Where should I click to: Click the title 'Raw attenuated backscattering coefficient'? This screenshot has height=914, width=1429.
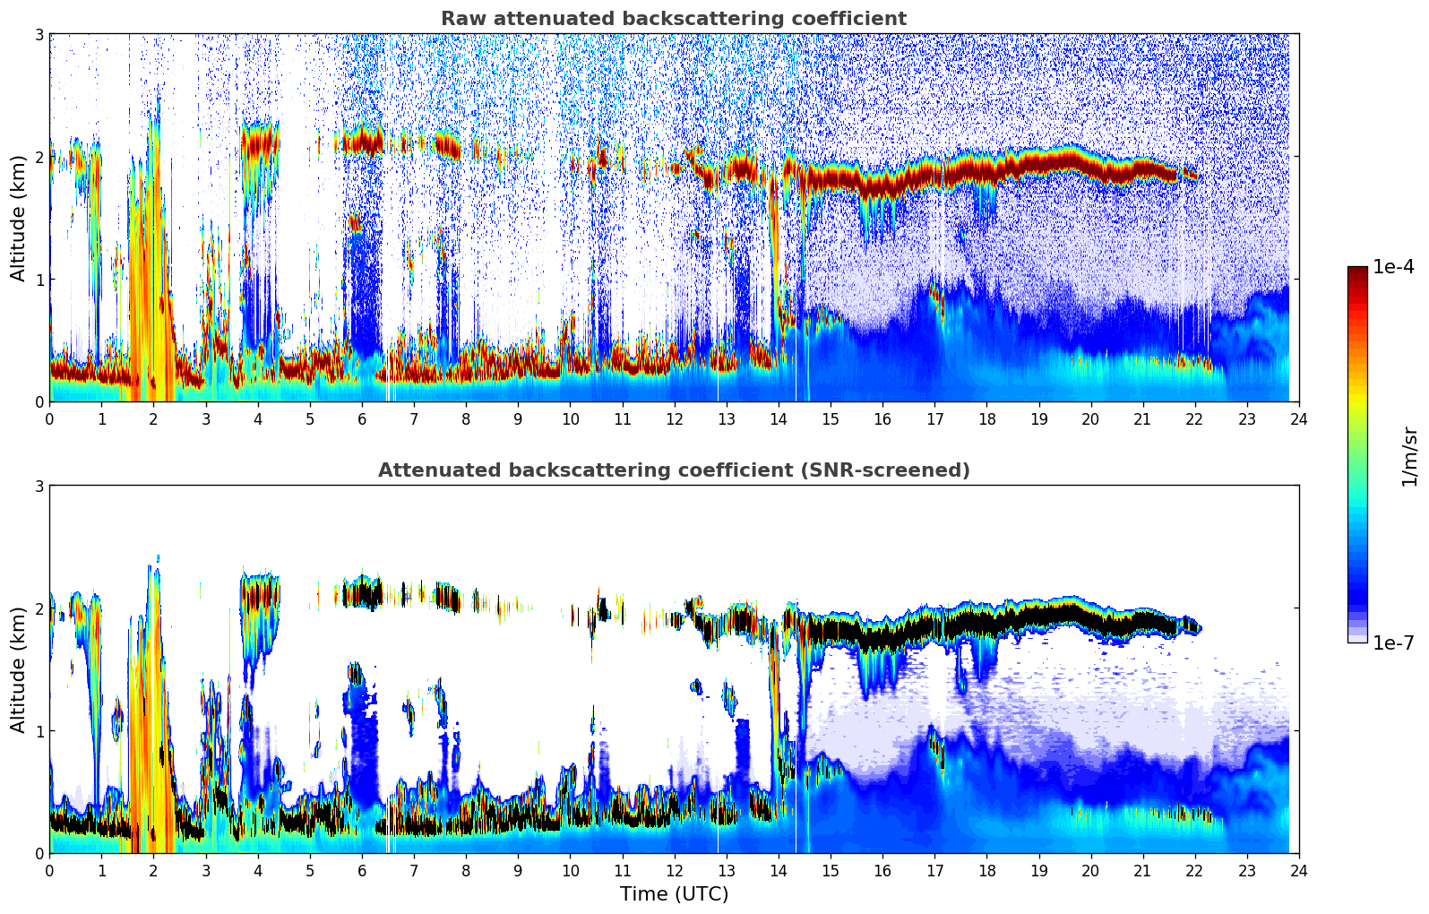coord(673,19)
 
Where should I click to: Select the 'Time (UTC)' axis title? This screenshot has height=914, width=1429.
coord(674,893)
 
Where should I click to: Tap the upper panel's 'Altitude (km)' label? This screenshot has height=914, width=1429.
coord(19,218)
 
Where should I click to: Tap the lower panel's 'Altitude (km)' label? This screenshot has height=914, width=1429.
coord(19,669)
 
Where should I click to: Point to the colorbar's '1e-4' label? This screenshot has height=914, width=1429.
coord(1393,267)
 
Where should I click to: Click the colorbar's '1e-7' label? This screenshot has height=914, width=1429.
coord(1393,642)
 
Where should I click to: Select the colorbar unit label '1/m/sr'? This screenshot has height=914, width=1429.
coord(1409,455)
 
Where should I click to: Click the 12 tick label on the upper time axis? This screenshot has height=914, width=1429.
coord(674,418)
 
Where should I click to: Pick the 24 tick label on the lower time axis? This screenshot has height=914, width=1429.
coord(1298,870)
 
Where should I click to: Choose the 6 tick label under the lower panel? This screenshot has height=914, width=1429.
coord(362,870)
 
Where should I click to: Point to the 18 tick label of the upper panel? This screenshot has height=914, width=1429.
coord(986,418)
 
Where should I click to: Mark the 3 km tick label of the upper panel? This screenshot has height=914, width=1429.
coord(39,34)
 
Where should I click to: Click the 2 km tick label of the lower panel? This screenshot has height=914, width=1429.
coord(39,608)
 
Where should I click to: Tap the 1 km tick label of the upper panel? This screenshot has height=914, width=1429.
coord(39,280)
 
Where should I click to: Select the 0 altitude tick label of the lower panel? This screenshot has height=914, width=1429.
coord(39,853)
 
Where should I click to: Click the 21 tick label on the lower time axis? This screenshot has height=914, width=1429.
coord(1142,870)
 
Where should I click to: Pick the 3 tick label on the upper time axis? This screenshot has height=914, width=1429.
coord(205,418)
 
